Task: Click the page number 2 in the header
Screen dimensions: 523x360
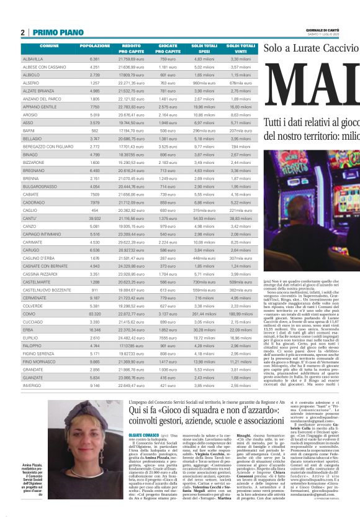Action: click(x=22, y=32)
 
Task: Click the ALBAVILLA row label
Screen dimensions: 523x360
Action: click(x=34, y=58)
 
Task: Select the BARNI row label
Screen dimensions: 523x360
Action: click(x=28, y=131)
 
